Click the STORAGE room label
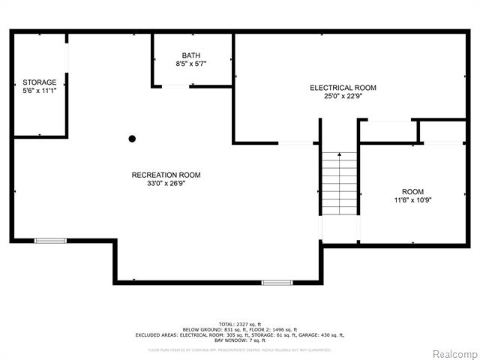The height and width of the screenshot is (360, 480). [39, 82]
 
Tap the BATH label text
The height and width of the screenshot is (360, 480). [190, 55]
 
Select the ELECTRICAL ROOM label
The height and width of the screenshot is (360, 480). [343, 88]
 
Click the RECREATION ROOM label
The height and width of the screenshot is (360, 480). [166, 175]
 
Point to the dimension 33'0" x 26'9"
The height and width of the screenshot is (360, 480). [166, 184]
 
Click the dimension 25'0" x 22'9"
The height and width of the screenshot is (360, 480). [343, 97]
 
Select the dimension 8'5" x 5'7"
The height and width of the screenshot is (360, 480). [190, 64]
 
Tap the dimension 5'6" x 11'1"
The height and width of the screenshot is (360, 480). [39, 91]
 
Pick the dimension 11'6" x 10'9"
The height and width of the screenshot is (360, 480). [412, 200]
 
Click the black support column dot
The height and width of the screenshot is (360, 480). [132, 138]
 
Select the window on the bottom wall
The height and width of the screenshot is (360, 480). [277, 283]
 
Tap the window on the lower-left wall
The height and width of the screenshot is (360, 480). [50, 241]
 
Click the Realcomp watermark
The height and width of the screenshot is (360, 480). [452, 353]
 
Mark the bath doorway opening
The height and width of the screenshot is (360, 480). [176, 86]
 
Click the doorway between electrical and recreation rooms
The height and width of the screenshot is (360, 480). [295, 142]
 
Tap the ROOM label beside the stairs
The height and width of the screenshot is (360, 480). [412, 191]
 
